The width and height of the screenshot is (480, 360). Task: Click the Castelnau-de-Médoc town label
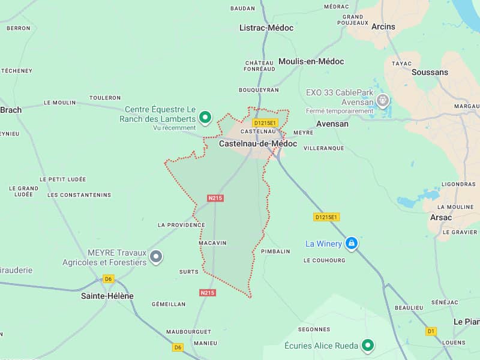pos(258,144)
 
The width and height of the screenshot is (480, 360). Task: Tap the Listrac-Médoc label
pos(266,28)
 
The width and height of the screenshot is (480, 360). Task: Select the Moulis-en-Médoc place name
pos(311,62)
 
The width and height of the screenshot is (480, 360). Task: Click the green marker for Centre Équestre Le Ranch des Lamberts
pos(205,117)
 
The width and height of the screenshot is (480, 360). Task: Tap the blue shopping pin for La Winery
pos(352,243)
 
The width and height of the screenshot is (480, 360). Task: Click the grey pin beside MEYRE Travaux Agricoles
pos(156,257)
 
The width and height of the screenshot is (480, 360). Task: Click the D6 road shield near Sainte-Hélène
pos(108,279)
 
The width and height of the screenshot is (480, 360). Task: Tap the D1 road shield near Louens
pos(431,331)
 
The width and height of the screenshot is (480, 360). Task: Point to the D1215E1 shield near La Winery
pos(326,217)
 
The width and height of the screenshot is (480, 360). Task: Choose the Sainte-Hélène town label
pos(107,296)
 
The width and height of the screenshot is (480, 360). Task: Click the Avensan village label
pos(332,124)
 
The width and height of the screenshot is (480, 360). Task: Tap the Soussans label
pos(430,72)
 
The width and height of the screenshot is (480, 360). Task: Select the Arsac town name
pos(440,217)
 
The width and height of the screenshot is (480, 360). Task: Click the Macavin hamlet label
pos(212,243)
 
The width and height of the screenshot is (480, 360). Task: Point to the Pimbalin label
pos(276,252)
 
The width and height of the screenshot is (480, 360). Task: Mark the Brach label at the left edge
pos(11,110)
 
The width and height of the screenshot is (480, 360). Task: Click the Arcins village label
pos(383,26)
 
